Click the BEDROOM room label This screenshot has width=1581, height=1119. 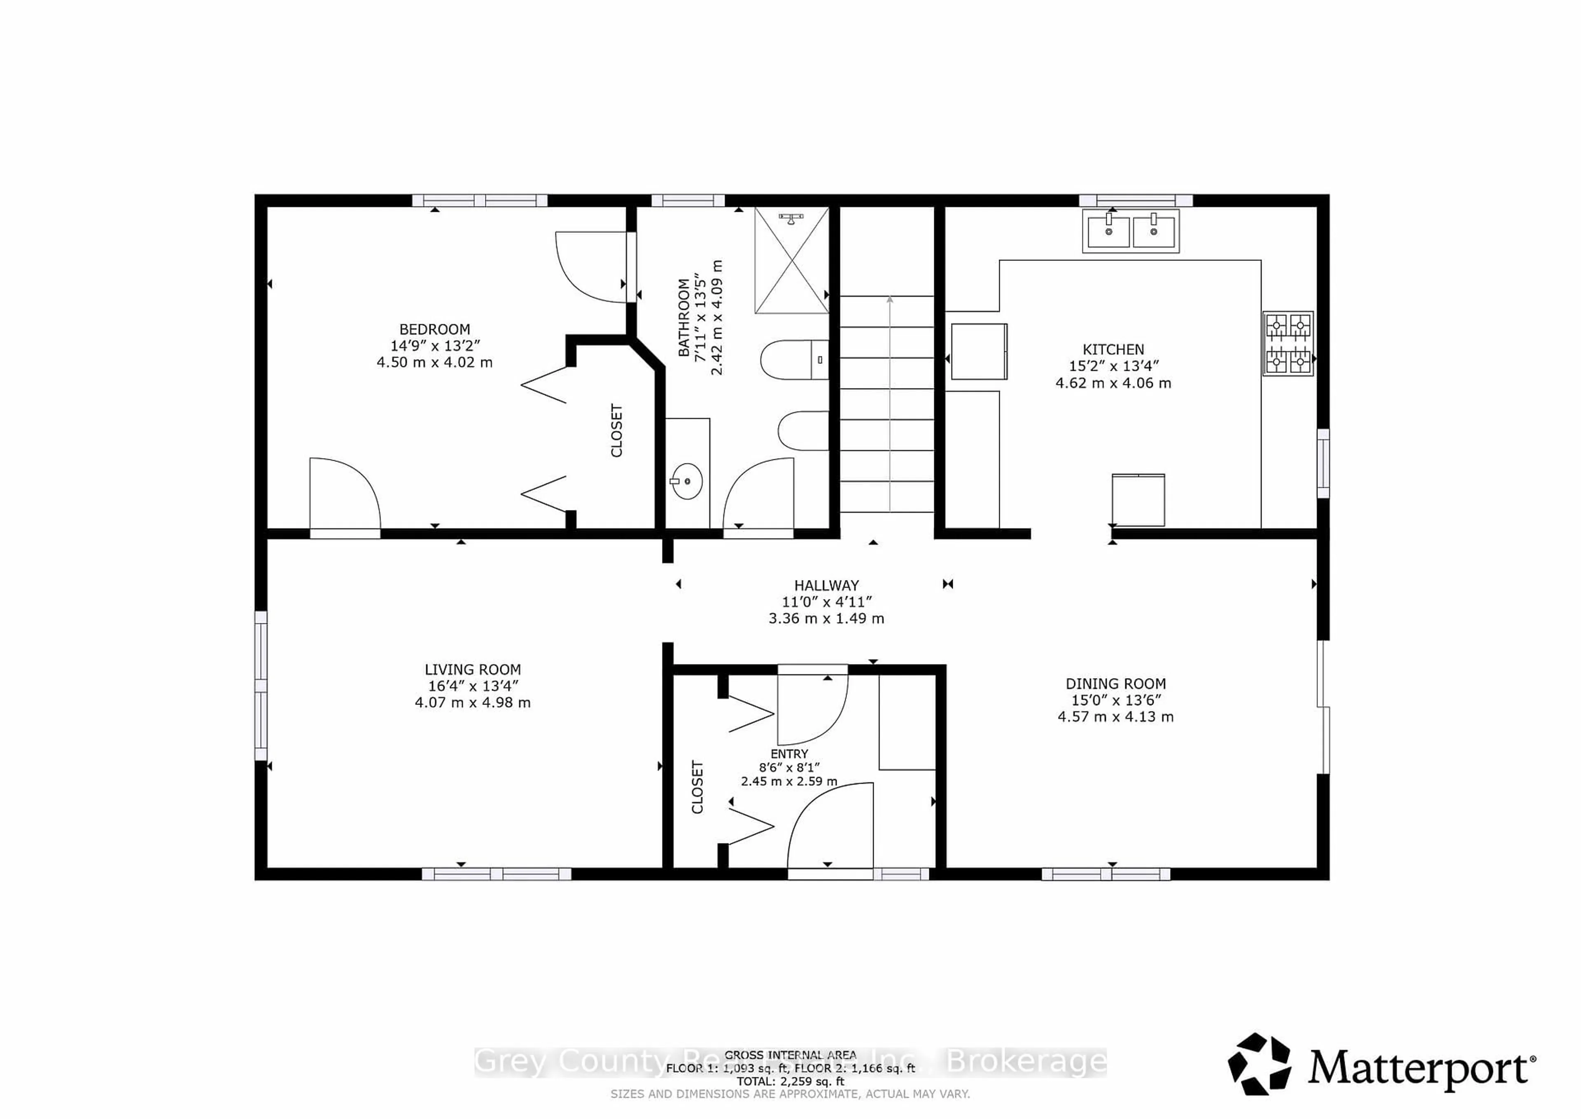(x=434, y=329)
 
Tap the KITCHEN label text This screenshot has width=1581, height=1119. (x=1113, y=349)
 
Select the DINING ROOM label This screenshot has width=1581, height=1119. (x=1115, y=684)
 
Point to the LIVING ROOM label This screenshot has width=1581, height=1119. (x=472, y=669)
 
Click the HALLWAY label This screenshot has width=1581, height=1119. (x=826, y=585)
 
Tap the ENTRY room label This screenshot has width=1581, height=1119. (x=789, y=754)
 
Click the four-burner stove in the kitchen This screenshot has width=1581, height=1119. (x=1288, y=343)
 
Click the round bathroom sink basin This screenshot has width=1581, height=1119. (x=686, y=480)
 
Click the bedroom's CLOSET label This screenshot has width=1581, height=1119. (x=616, y=431)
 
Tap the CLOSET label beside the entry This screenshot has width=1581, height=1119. (x=697, y=787)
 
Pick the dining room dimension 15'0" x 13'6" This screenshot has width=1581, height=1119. (x=1115, y=700)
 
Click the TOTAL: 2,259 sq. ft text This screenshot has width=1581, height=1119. (x=790, y=1081)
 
